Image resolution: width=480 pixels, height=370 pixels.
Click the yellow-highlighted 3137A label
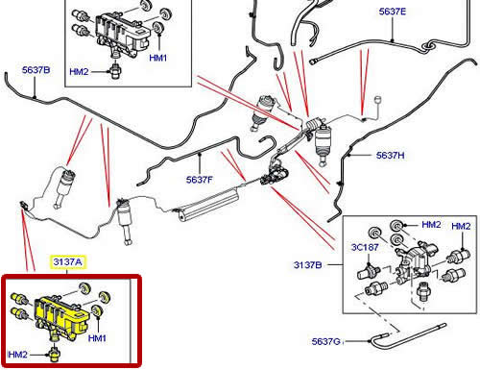coord(67,262)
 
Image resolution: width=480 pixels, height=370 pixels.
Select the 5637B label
coord(36,70)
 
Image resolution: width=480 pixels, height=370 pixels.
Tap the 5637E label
coord(393,12)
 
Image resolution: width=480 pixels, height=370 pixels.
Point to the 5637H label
coord(390,156)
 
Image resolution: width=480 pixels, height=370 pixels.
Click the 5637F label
coord(199,180)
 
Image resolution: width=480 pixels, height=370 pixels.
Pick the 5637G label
coord(325,341)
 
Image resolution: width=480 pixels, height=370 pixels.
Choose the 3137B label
coord(307,265)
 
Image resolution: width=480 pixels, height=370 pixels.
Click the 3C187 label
coord(365,247)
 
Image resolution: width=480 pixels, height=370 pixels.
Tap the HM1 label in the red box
coord(97,338)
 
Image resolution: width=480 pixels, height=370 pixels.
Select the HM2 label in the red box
coord(17,355)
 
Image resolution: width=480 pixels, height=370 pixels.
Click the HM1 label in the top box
coord(158,58)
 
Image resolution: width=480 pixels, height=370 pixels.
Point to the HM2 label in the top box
coord(79,71)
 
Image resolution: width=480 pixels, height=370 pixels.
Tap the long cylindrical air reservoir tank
coord(208,205)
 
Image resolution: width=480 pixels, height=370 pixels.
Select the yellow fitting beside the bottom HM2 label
coord(54,354)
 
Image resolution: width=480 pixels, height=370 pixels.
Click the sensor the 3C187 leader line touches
coord(368,271)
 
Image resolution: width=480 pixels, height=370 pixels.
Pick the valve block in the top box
coord(122,34)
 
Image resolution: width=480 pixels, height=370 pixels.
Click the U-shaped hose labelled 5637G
coord(408,336)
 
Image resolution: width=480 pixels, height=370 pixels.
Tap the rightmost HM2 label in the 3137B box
coord(461,226)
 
